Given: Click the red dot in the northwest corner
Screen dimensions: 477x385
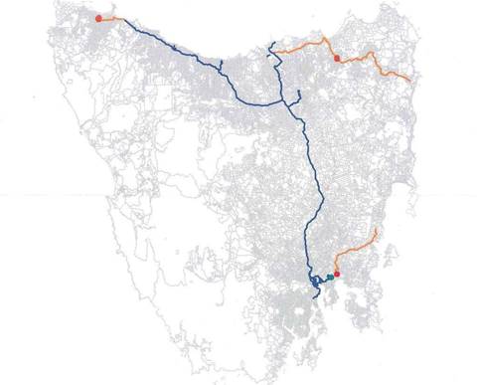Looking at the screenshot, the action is coord(97,18).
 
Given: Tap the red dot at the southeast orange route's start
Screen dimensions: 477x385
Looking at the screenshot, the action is coord(337,275).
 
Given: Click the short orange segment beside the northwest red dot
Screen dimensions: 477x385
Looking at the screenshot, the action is coord(109,18).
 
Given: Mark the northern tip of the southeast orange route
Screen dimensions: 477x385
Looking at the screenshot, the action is coord(378,229).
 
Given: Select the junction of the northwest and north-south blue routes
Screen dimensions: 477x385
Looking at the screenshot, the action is coord(294,100).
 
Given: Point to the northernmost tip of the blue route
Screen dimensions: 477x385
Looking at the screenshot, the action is coord(270,43).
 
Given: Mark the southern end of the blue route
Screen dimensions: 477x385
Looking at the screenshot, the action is coord(314,293).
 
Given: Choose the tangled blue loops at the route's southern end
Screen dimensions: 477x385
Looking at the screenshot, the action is coord(316,284).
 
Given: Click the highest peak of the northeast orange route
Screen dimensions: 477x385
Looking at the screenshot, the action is coord(326,41).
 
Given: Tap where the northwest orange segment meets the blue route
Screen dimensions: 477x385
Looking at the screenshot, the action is coord(121,20).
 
